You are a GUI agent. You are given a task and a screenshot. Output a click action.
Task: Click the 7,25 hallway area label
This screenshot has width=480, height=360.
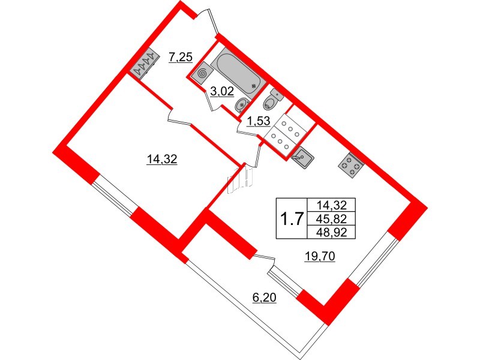(x=181, y=57)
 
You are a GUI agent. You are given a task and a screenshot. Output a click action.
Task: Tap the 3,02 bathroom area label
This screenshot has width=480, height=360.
(x=222, y=91)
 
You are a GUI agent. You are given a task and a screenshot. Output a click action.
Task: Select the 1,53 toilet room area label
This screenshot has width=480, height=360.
(x=259, y=121)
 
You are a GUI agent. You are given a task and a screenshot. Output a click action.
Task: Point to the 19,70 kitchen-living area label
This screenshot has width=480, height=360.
(x=320, y=256)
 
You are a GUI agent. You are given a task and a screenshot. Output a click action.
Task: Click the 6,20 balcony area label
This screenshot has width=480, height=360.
(x=265, y=297)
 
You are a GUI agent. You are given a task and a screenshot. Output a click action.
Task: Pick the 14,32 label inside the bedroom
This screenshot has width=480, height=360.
(x=162, y=159)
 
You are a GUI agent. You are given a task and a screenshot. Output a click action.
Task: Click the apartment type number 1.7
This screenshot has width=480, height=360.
(x=292, y=218)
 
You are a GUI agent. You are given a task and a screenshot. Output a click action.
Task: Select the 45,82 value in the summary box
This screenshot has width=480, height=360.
(x=332, y=218)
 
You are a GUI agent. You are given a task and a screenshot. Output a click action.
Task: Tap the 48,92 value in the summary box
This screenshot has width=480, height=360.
(x=332, y=232)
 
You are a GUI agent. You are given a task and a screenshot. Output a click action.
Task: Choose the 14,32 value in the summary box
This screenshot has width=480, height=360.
(x=332, y=204)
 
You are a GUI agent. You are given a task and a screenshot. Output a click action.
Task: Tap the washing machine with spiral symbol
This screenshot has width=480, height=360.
(x=202, y=73)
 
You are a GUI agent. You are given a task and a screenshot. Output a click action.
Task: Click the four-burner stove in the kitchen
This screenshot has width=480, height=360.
(x=351, y=166)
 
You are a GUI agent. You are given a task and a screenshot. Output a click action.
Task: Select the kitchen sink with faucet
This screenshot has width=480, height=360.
(x=302, y=158)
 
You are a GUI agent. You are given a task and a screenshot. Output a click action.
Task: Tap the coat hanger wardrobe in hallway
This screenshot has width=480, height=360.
(x=144, y=64)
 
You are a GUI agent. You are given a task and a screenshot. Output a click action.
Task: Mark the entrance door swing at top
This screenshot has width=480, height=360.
(x=207, y=22)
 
